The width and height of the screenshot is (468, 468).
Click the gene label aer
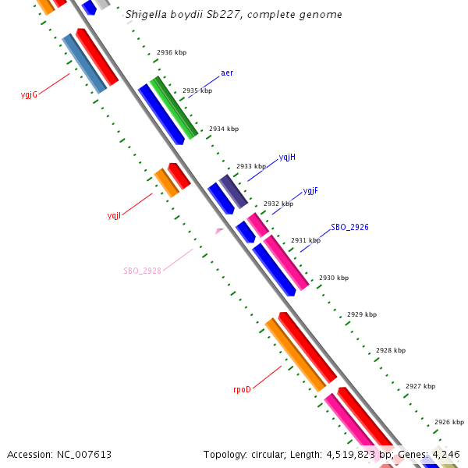pos(227,73)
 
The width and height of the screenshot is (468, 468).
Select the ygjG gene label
pos(29,95)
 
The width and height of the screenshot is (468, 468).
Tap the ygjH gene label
pos(287,158)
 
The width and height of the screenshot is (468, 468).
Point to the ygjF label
pos(310,191)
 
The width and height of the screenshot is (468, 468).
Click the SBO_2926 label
pos(349,228)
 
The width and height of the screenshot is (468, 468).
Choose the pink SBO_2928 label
pos(142,271)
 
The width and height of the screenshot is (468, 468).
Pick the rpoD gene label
pos(242,389)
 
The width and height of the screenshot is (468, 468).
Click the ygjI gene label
pos(114,215)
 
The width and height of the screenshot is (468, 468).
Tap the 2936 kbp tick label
pos(172,53)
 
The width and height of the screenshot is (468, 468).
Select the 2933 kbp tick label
pos(251,166)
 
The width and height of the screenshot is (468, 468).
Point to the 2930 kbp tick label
pos(334,278)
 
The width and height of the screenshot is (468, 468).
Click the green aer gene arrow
pos(174,108)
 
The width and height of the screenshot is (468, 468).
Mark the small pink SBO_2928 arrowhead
pos(219,231)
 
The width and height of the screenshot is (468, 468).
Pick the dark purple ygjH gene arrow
pos(233,191)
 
